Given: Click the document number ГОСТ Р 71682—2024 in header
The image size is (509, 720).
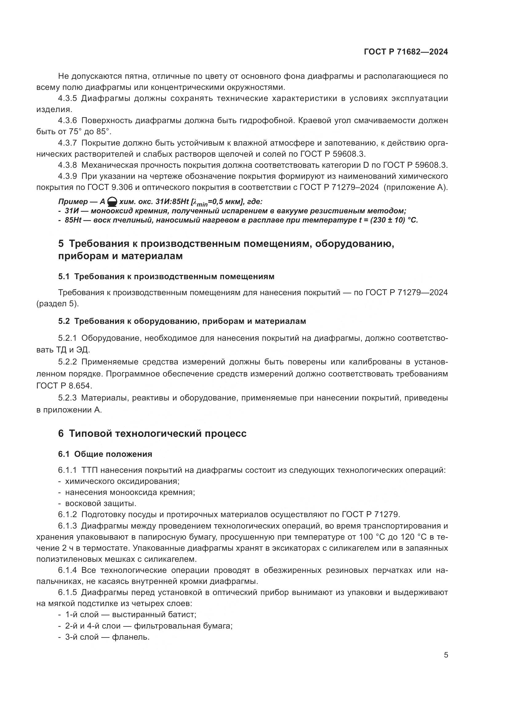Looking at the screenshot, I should coord(406,52).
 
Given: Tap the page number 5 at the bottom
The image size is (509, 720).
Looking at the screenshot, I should coord(446,655).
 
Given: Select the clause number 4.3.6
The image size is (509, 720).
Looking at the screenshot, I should coord(67,120).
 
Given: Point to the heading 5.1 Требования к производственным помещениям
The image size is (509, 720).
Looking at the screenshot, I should coord(166,277).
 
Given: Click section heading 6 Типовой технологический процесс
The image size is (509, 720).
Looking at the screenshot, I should coord(152,434).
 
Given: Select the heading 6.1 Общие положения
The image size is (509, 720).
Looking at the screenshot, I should coord(105,454).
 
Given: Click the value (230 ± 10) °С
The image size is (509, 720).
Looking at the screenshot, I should coord(394,220).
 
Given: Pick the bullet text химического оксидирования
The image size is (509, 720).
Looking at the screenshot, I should coord(122,481).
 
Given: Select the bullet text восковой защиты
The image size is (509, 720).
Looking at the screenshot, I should coord(100,504).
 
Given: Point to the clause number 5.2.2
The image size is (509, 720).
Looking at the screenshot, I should coord(67,362).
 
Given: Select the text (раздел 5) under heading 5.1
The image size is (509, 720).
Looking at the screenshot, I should coord(57,304).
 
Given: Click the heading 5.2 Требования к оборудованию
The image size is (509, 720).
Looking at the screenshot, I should coord(182,321).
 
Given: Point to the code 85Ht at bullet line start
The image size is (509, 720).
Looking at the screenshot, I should coord(73,220).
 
